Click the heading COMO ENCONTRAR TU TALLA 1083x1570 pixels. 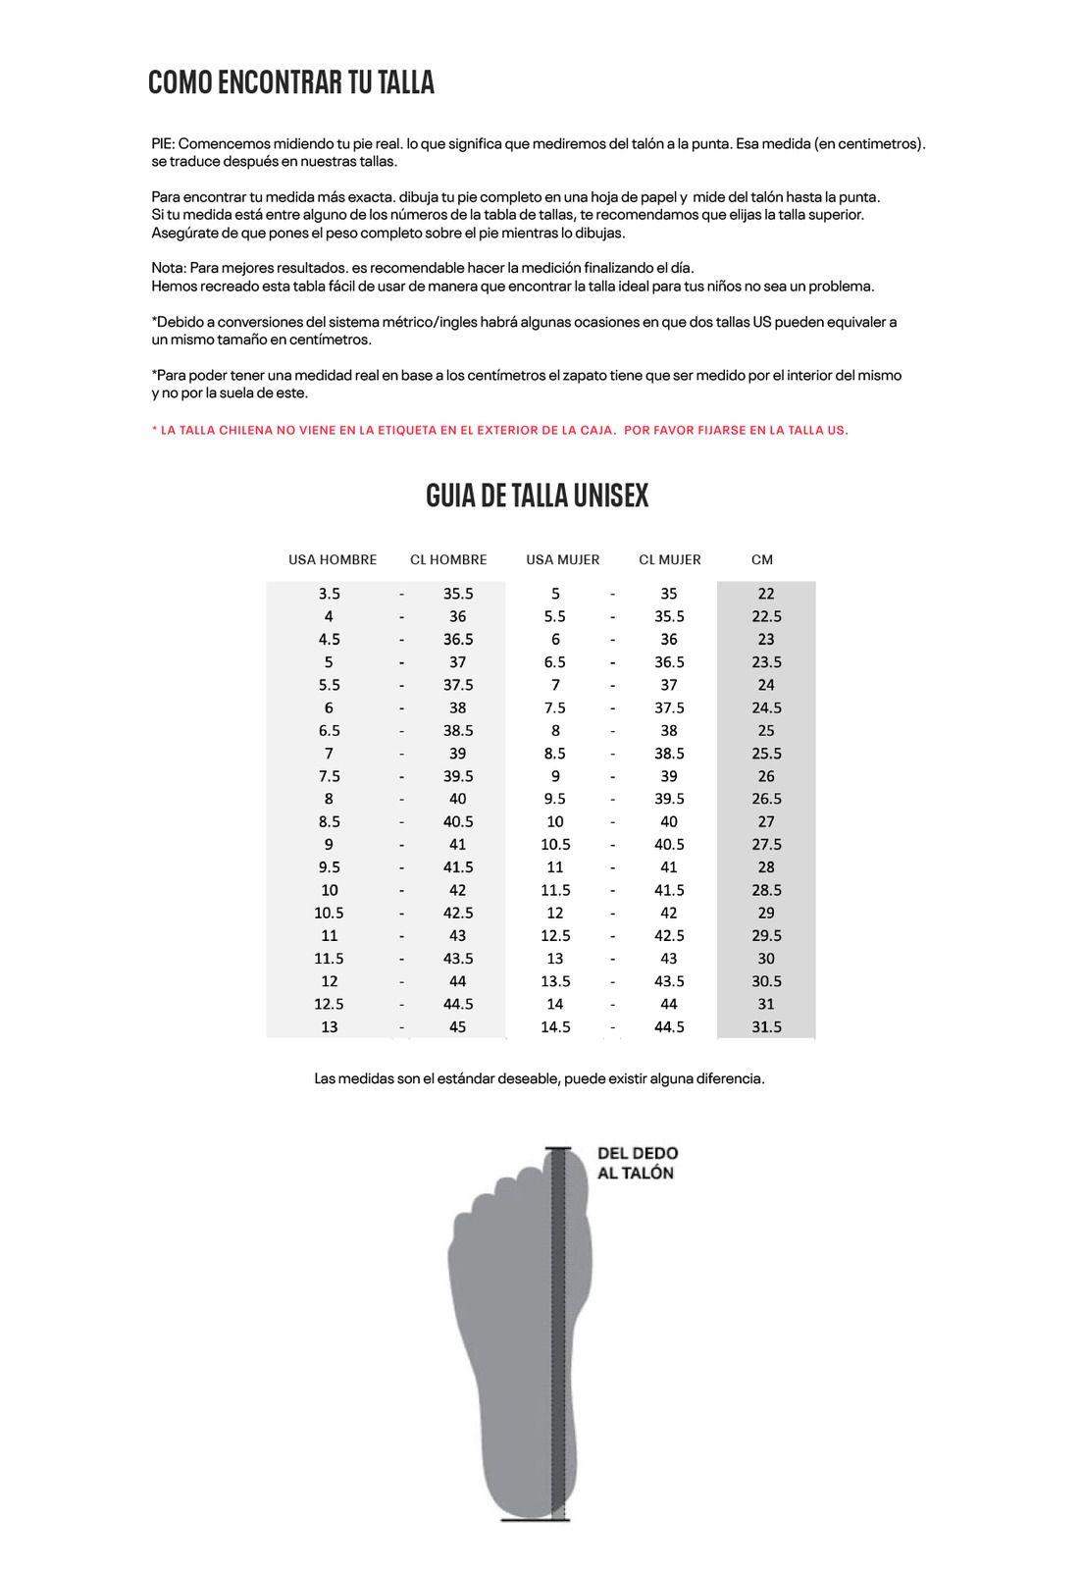(290, 82)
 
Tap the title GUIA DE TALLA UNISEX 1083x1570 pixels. (537, 496)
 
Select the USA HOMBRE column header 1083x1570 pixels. (332, 559)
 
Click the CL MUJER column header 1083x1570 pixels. (669, 559)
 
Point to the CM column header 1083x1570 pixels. (761, 559)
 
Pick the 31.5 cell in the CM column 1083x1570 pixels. (765, 1026)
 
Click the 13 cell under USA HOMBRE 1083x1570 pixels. (329, 1026)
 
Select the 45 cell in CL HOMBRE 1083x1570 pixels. (457, 1026)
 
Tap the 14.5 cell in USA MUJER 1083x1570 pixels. (555, 1026)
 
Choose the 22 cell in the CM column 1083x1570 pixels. (765, 593)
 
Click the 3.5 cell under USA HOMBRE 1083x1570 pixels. (329, 593)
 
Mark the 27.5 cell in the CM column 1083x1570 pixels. (765, 844)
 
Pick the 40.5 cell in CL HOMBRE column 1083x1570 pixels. (457, 821)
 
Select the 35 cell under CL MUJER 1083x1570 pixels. (668, 593)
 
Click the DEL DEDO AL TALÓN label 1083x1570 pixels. (637, 1163)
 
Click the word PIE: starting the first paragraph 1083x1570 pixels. (162, 143)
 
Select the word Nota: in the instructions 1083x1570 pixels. (169, 268)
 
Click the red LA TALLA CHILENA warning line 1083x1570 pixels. (499, 430)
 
